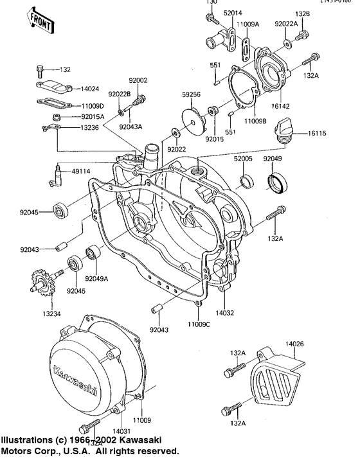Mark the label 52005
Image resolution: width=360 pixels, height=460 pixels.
[242, 158]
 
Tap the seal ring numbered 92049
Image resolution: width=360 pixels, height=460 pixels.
[278, 182]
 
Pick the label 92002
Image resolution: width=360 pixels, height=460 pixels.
[138, 80]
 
